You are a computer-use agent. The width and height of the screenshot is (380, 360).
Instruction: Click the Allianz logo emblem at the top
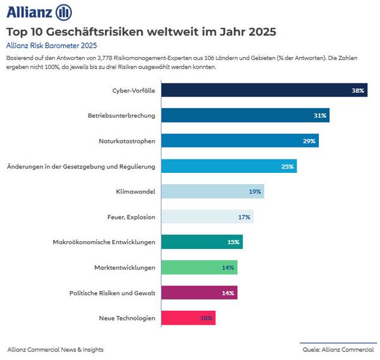[63, 12]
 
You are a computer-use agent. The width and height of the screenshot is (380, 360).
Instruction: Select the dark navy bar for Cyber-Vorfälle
[264, 91]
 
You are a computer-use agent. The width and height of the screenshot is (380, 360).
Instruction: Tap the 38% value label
[358, 91]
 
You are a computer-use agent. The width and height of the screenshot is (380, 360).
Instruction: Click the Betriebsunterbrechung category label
[122, 115]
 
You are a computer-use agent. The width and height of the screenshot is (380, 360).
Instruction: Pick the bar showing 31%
[245, 115]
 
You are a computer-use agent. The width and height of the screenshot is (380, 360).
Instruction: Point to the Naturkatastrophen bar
[240, 141]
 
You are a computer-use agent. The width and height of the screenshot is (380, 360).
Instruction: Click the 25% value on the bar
[287, 166]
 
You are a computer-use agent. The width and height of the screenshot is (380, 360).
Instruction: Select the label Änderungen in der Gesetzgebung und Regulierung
[80, 166]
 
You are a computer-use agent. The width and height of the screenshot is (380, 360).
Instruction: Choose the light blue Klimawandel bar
[212, 191]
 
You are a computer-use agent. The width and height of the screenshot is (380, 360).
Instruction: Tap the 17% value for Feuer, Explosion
[244, 217]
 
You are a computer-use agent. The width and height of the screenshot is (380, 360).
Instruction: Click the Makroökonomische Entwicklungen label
[104, 242]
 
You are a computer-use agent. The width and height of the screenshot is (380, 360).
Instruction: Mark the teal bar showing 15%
[202, 242]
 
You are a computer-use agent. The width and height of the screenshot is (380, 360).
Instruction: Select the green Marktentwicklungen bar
[199, 267]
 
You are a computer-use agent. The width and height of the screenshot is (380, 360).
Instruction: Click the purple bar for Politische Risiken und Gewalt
[199, 292]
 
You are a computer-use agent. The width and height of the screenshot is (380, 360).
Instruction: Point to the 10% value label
[206, 318]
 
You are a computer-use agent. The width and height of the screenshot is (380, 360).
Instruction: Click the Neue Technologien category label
[127, 318]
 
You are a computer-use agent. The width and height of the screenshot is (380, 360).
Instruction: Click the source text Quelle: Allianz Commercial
[338, 349]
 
